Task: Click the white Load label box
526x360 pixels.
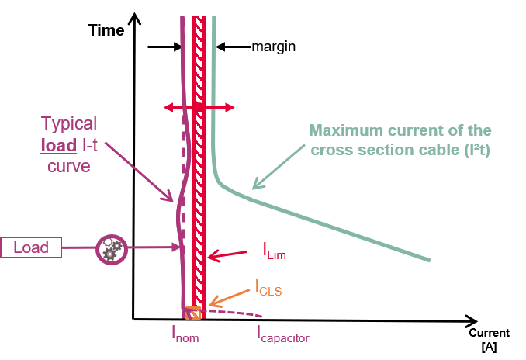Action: coord(31,248)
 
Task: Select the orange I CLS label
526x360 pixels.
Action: coord(268,289)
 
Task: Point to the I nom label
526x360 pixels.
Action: coord(186,335)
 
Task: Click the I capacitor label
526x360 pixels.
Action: coord(282,335)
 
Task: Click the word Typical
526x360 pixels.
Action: coord(68,124)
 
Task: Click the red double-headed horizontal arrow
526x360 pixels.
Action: coord(199,107)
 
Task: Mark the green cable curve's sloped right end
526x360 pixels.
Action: coord(419,255)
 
